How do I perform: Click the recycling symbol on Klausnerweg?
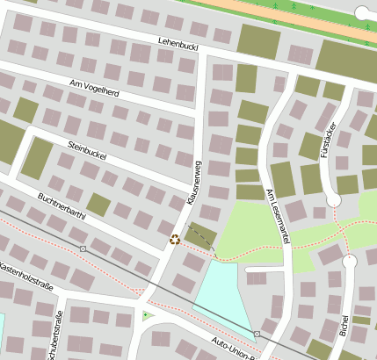pyautogui.click(x=175, y=239)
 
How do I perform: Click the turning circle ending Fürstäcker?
pyautogui.click(x=334, y=200)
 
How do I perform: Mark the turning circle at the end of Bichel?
pyautogui.click(x=350, y=261)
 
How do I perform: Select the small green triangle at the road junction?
pyautogui.click(x=146, y=315)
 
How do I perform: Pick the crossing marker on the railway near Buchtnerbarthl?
pyautogui.click(x=83, y=249)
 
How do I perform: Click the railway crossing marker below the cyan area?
pyautogui.click(x=257, y=335)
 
